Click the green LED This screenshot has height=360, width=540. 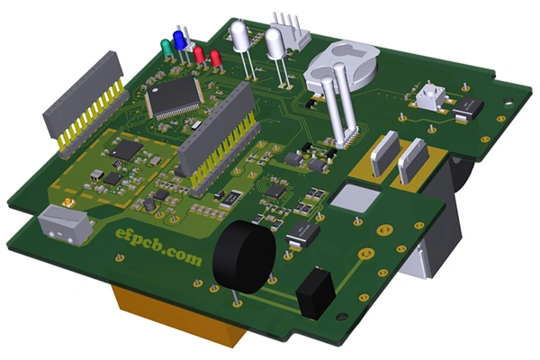166,46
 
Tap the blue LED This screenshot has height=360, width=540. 180,41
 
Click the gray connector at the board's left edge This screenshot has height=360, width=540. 65,220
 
